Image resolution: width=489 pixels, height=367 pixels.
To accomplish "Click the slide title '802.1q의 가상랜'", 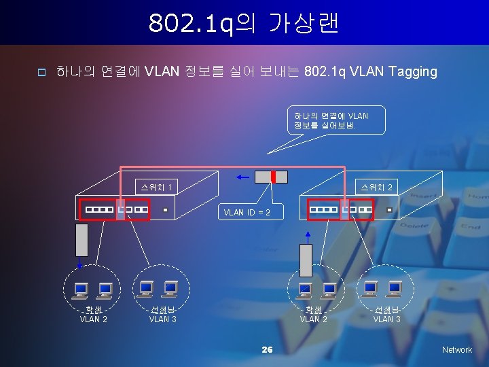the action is (x=244, y=23).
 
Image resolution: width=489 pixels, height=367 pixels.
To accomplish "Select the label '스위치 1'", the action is (x=156, y=186).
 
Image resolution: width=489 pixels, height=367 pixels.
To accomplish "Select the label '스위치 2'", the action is (x=376, y=186).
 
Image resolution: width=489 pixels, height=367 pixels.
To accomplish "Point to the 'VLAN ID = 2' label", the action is (x=247, y=212).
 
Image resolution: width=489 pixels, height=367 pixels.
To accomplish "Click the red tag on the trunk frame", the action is (x=272, y=177).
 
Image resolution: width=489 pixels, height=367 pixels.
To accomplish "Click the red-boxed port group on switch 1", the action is (x=113, y=210).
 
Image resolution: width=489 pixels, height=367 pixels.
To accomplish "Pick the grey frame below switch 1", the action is (x=82, y=239).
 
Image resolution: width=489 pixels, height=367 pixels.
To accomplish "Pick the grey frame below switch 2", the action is (x=306, y=260).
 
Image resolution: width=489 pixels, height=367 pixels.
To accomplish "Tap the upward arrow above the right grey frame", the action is (x=306, y=237).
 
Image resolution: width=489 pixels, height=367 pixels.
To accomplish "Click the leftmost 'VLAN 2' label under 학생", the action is (x=93, y=319).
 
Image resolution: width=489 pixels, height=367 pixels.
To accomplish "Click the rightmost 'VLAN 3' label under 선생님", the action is (x=387, y=319).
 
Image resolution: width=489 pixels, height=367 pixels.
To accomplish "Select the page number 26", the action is (x=267, y=349).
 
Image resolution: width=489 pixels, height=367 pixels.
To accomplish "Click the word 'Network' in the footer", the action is (x=456, y=349).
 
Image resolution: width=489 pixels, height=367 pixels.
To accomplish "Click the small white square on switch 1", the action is (x=164, y=210).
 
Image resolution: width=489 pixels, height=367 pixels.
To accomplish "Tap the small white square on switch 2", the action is (x=389, y=210).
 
